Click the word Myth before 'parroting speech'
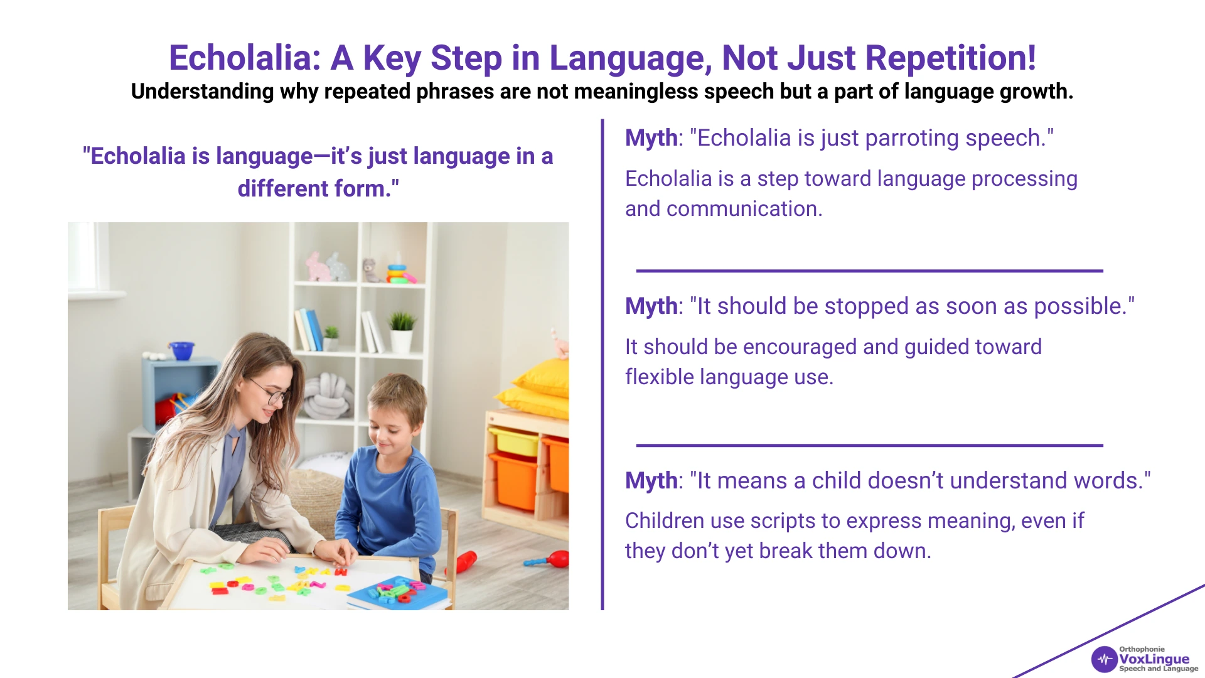(x=651, y=138)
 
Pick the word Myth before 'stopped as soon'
(x=651, y=306)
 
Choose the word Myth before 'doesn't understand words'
(x=651, y=481)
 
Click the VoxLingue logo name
(x=1154, y=659)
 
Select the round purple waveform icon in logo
(x=1104, y=660)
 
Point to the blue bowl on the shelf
(x=181, y=350)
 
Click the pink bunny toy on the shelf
(x=319, y=267)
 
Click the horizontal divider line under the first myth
(x=869, y=271)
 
